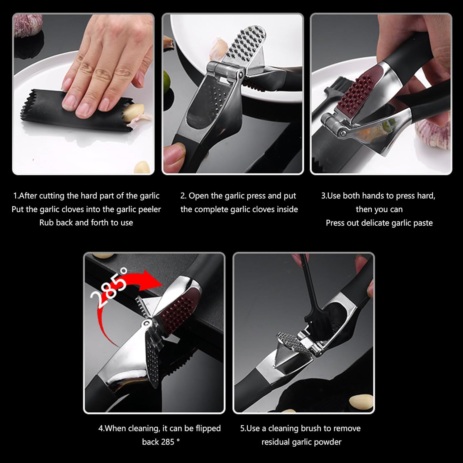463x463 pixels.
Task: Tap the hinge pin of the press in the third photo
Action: click(x=342, y=133)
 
